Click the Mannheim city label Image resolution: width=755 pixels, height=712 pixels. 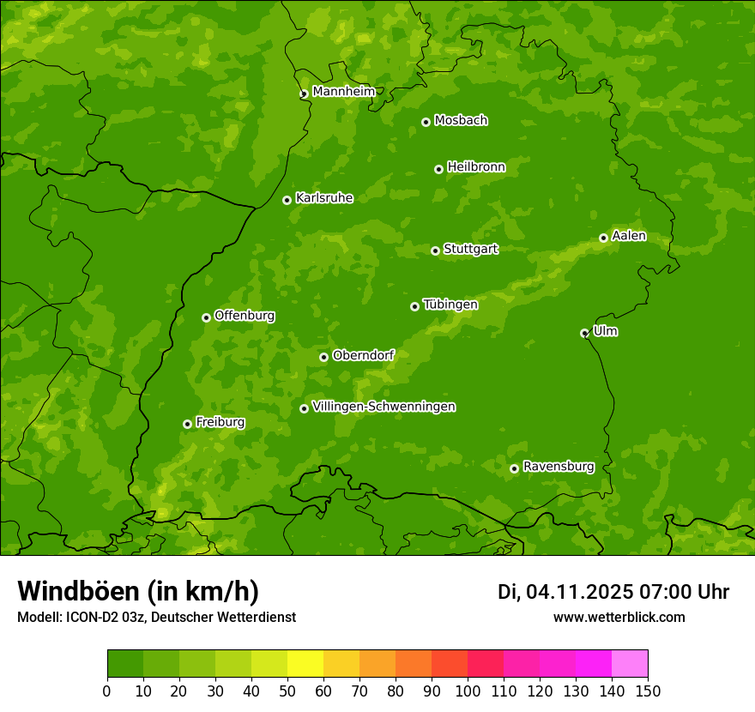pos(343,92)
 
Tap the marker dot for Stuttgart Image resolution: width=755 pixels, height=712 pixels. pos(435,250)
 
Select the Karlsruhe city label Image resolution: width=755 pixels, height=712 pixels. pos(324,198)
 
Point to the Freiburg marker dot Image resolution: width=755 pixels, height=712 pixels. pos(187,424)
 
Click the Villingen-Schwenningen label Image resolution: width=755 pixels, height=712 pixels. pos(384,407)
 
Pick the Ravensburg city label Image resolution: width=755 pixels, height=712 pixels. pos(559,467)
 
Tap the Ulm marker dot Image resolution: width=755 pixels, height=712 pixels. pos(584,333)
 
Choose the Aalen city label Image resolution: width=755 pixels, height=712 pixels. pos(629,236)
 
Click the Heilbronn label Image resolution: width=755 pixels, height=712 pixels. pos(476,167)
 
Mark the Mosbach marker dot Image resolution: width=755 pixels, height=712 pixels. pos(426,122)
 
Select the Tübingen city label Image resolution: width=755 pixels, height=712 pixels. pos(450,305)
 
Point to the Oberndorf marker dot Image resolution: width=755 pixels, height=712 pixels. pos(323,357)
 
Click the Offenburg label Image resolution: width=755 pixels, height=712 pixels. pos(245,316)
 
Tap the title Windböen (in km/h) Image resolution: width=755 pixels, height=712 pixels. pos(138,591)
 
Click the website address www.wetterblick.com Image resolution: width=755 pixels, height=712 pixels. pos(619,617)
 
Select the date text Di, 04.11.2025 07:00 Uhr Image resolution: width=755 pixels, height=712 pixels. pos(613,592)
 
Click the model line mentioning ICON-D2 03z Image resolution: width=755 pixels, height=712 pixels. pos(156,617)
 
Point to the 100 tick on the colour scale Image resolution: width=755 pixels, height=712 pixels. pos(468,691)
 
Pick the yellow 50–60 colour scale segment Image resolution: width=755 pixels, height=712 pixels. pos(305,664)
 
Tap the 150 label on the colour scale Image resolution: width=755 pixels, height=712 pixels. pos(648,691)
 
